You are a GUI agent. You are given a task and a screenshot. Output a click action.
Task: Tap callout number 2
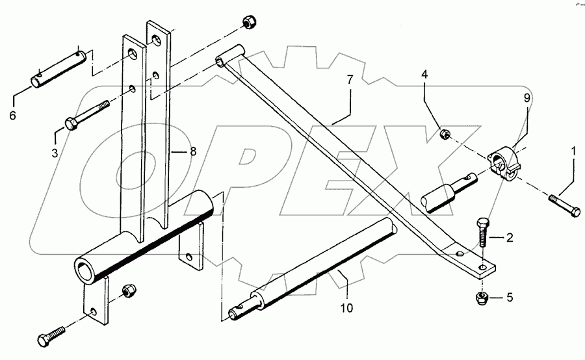point(510,238)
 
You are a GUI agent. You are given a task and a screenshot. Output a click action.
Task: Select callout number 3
point(55,153)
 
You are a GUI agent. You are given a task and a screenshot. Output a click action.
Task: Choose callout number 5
point(510,298)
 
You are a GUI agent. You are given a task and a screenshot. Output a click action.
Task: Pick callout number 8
point(192,151)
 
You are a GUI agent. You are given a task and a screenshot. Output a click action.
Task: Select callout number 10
point(346,307)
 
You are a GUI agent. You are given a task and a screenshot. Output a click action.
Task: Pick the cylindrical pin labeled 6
point(60,67)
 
